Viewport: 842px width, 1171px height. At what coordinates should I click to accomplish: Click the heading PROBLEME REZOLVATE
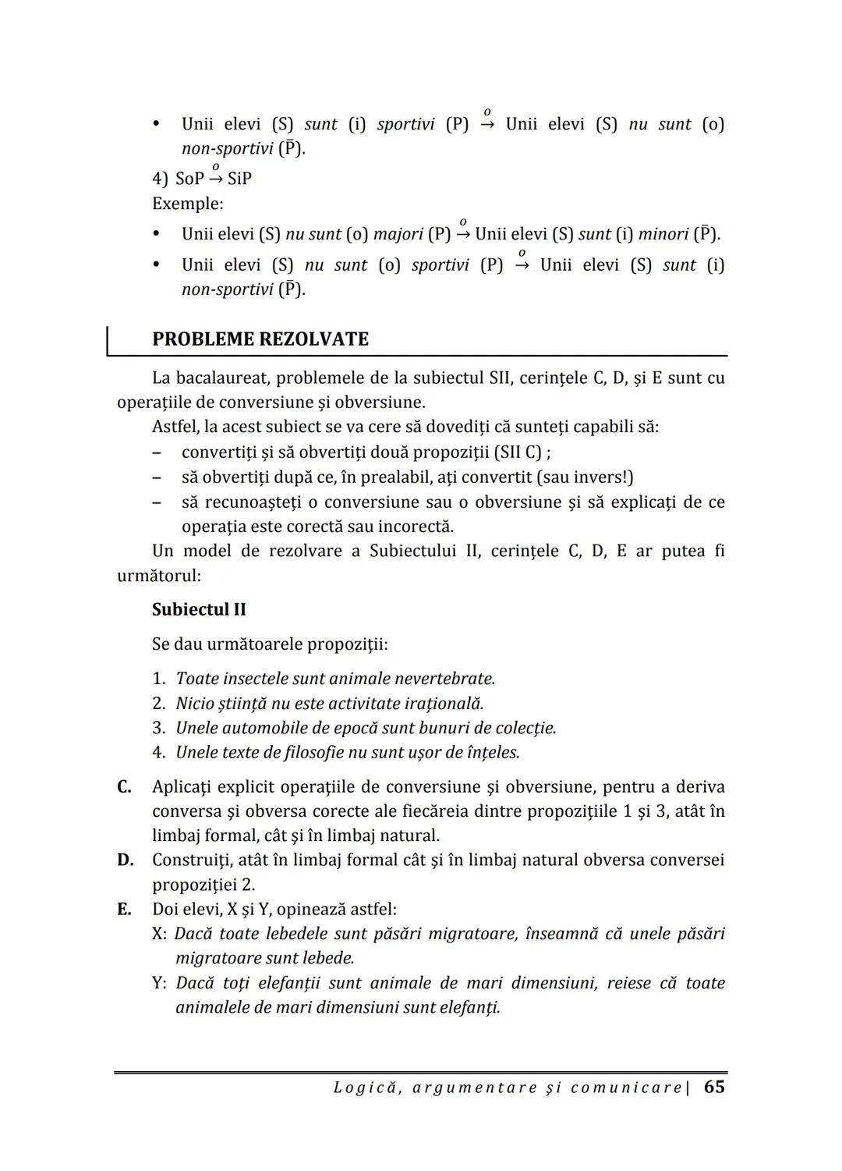(260, 339)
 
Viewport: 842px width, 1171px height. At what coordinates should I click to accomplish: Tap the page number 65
(714, 1087)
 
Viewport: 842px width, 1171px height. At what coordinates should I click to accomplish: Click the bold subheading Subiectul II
(199, 609)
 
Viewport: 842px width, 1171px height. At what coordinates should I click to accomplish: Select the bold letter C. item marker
(125, 786)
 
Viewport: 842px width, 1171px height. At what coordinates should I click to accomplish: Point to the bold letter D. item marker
(125, 860)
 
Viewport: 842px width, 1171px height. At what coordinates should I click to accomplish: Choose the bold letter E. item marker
(124, 909)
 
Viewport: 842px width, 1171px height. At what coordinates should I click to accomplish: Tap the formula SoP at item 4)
(189, 179)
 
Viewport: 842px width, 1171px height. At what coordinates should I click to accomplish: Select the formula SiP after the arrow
(239, 179)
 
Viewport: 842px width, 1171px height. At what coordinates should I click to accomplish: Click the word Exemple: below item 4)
(187, 204)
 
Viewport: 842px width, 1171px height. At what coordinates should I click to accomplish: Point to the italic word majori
(398, 234)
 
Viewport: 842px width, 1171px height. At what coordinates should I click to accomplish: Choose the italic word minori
(663, 234)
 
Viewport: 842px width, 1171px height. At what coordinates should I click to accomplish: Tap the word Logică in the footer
(367, 1088)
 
